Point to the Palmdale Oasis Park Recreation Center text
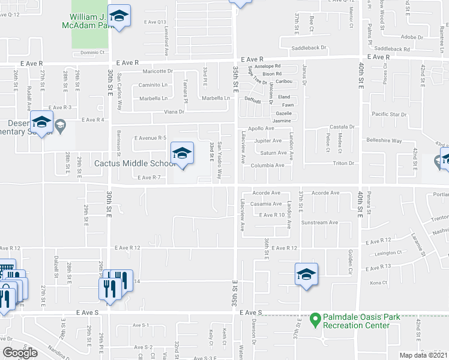(x=357, y=321)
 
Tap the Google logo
(x=20, y=353)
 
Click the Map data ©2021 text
(x=423, y=355)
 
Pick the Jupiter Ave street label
(x=268, y=141)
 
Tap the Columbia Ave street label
(x=267, y=165)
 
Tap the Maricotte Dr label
(x=157, y=71)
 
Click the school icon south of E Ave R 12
(x=306, y=275)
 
